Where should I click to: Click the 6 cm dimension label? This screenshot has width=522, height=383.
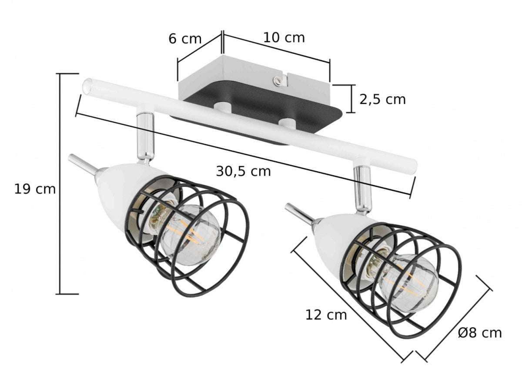(x=185, y=39)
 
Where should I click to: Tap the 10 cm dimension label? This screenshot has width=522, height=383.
(x=284, y=38)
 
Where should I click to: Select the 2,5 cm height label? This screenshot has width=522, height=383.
(x=382, y=99)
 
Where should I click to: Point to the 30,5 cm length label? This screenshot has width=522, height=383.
(x=243, y=171)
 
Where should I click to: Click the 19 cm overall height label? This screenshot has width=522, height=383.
(x=35, y=189)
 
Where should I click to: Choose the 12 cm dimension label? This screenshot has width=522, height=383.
(x=326, y=314)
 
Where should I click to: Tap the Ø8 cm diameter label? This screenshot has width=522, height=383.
(x=480, y=333)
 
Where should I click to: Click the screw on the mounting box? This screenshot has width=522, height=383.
(x=277, y=80)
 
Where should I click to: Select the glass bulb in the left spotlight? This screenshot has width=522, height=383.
(x=191, y=235)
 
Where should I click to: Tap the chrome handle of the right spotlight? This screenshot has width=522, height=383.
(x=299, y=213)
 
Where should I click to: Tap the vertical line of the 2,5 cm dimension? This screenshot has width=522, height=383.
(x=351, y=99)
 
